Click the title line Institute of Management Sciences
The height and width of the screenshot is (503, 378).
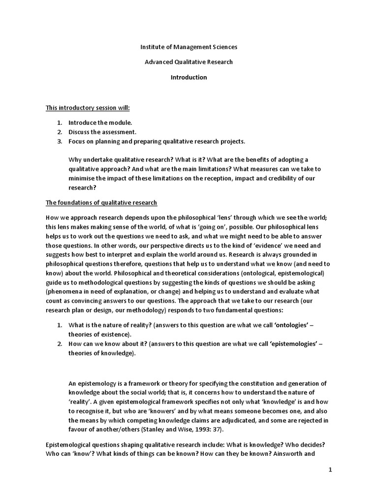coord(189,47)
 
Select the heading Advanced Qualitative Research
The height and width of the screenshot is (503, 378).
coord(189,62)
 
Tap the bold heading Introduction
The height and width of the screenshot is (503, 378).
coord(189,77)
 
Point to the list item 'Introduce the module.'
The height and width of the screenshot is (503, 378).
coord(100,122)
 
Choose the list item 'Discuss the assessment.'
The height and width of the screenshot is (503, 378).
coord(102,132)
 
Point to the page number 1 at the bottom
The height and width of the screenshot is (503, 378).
coord(331,470)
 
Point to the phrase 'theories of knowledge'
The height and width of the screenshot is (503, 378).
coord(100,354)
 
